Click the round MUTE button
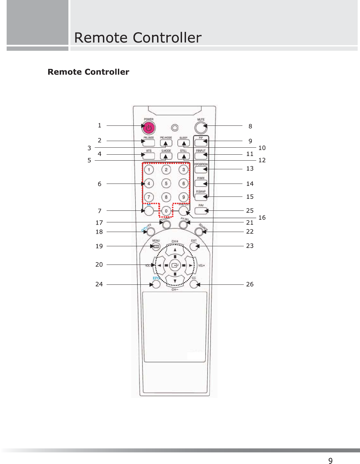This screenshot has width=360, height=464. click(x=200, y=127)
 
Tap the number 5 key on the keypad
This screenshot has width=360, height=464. click(x=166, y=184)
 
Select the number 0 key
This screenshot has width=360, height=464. click(x=166, y=211)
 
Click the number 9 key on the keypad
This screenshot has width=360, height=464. click(x=183, y=197)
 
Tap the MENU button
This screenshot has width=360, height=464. click(x=156, y=246)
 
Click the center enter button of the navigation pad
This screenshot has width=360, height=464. click(x=175, y=265)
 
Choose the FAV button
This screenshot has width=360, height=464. click(x=201, y=210)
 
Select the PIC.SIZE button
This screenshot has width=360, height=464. click(x=149, y=143)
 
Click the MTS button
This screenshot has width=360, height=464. click(x=149, y=156)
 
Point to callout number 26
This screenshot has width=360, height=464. click(x=250, y=284)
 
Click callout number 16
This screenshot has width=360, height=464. click(x=262, y=218)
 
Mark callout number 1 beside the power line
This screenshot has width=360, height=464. click(x=99, y=125)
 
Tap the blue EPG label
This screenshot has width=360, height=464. click(x=156, y=278)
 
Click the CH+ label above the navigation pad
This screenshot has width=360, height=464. click(x=175, y=241)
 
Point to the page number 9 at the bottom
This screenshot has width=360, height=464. click(x=330, y=460)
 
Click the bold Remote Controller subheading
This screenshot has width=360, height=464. click(x=88, y=72)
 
